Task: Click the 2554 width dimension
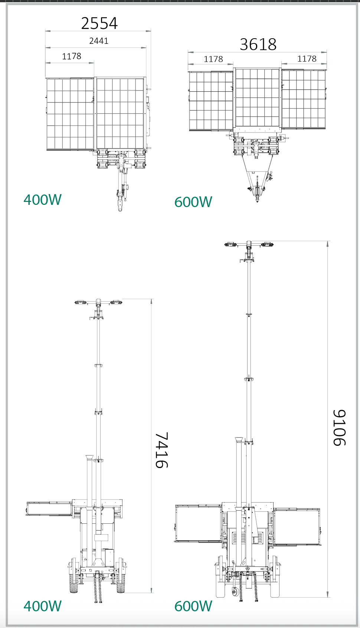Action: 99,23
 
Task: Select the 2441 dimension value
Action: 99,41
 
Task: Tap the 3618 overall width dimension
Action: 258,44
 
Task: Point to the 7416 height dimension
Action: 162,450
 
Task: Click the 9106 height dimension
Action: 339,428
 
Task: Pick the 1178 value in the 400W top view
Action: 72,56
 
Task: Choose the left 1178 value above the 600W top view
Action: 213,59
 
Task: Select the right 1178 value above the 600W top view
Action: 307,59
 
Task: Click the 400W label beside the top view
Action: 42,200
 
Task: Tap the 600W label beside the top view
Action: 193,202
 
